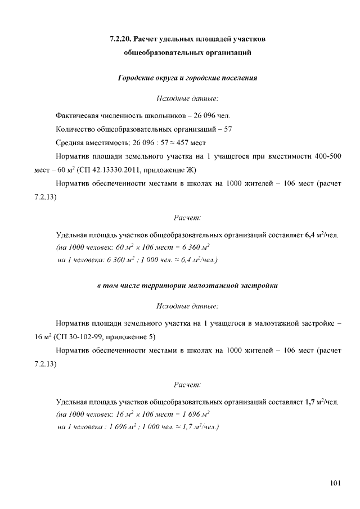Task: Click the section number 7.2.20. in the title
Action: point(121,39)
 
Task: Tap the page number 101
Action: point(335,482)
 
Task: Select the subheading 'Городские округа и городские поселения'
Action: point(187,78)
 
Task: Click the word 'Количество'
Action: point(76,128)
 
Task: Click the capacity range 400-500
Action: point(326,156)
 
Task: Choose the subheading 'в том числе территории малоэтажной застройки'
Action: point(187,285)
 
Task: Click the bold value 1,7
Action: point(310,402)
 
